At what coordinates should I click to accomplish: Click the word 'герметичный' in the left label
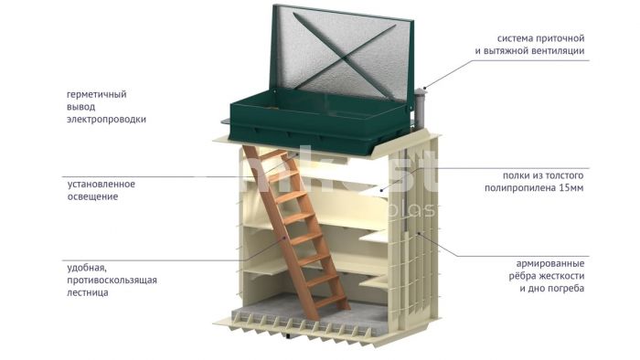(97, 95)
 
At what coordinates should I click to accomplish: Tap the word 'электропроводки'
(107, 120)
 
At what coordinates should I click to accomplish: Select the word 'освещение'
(92, 196)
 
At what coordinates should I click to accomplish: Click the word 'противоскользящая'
(112, 281)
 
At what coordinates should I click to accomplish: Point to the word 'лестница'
(88, 292)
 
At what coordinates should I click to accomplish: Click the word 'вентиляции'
(558, 51)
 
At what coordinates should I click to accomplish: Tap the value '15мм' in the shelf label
(571, 188)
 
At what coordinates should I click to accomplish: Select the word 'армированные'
(550, 263)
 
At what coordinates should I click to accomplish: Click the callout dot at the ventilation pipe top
(424, 88)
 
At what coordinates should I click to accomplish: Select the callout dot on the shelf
(381, 190)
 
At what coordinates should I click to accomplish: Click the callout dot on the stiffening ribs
(419, 235)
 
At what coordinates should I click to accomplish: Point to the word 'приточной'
(560, 38)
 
